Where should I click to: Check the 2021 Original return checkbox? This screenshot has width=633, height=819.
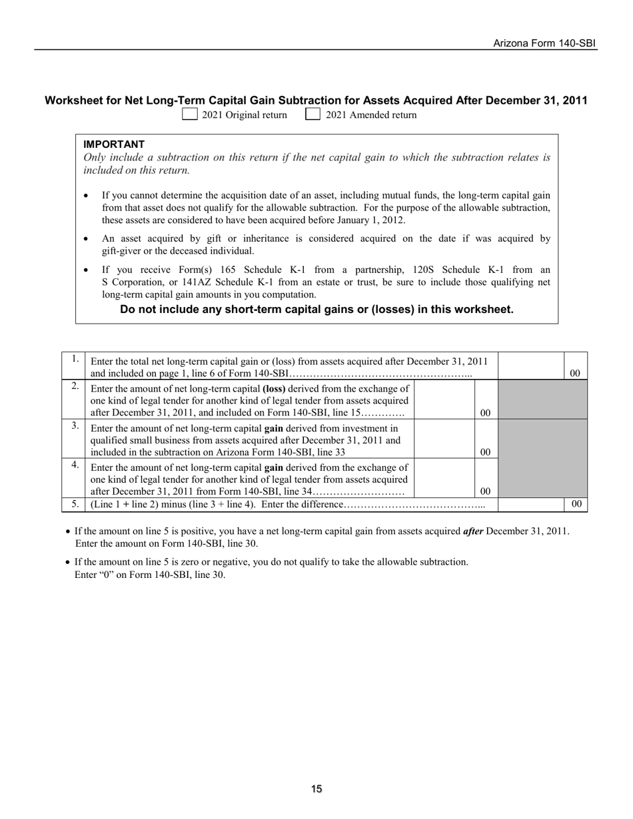190,115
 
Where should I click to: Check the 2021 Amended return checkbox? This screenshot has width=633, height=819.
313,115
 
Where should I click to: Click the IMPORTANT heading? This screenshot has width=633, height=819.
114,144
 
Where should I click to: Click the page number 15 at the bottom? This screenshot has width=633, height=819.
316,789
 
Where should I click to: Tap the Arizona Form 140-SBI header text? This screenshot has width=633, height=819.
544,43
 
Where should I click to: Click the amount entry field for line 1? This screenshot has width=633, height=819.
530,366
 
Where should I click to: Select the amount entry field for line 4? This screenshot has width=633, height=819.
444,477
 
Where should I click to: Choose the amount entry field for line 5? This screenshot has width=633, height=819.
530,504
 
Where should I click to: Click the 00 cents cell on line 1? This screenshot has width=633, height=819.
576,374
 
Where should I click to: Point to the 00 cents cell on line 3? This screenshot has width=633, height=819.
486,452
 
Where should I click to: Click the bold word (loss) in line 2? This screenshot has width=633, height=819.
275,388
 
